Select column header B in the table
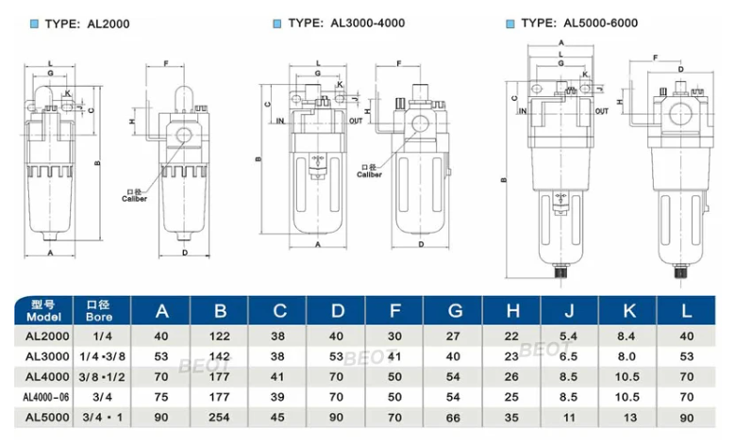click(221, 311)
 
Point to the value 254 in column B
click(221, 417)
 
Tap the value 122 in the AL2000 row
click(221, 336)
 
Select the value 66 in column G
click(453, 417)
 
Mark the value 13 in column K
click(627, 417)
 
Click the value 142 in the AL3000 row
click(221, 356)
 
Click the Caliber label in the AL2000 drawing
click(136, 199)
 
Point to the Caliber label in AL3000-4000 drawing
click(369, 173)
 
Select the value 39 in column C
click(279, 396)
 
